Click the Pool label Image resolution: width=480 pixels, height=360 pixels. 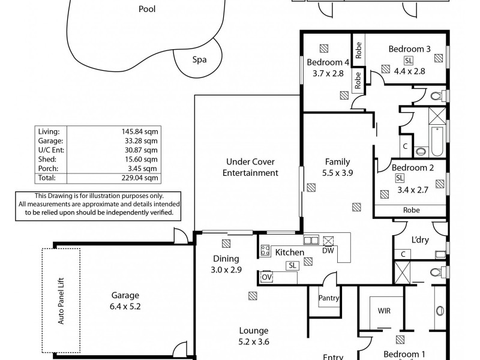tap(147, 9)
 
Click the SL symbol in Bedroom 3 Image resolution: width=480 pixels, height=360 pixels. tap(409, 61)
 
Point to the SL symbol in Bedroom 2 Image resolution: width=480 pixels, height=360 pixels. tap(400, 178)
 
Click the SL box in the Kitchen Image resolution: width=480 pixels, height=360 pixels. tap(292, 265)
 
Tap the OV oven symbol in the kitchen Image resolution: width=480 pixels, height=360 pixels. tap(267, 277)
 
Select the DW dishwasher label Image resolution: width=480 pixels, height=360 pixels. tap(328, 251)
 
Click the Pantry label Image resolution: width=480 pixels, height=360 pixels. tap(329, 298)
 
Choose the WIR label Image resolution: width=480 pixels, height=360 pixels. tap(385, 311)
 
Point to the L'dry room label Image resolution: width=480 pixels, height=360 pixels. tap(419, 240)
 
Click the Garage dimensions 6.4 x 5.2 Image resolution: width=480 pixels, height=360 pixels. tap(125, 306)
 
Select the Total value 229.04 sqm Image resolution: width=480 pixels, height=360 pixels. tap(143, 178)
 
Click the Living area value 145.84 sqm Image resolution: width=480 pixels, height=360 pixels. tap(143, 130)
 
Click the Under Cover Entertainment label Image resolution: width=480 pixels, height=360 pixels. tap(250, 167)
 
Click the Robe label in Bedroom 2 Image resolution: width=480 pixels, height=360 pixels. tap(412, 210)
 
